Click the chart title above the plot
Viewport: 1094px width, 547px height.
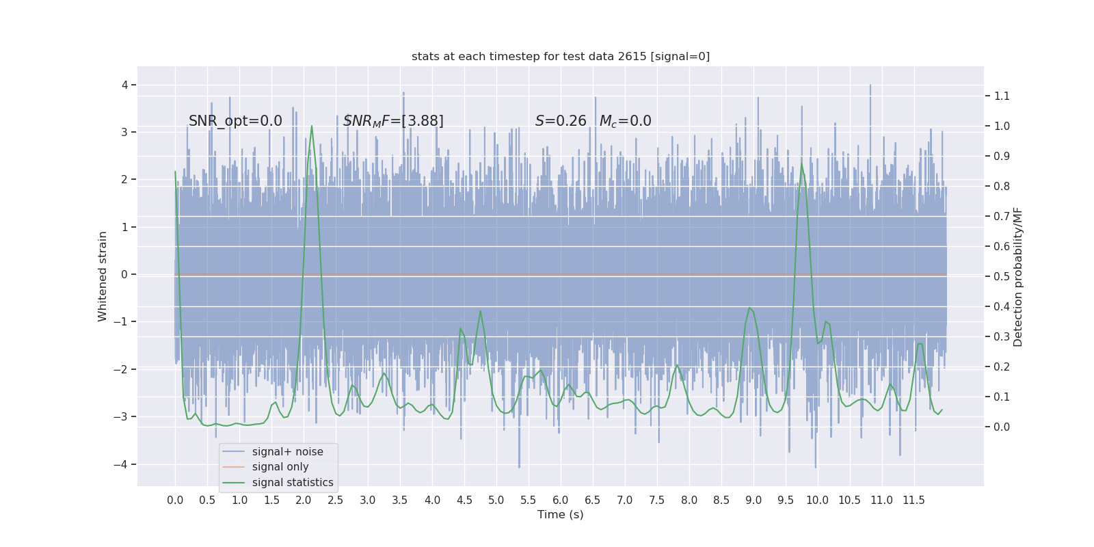tap(561, 57)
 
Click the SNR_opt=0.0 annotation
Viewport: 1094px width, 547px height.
tap(235, 121)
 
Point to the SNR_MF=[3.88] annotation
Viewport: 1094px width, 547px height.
tap(393, 121)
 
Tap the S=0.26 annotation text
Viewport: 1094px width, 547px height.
tap(561, 121)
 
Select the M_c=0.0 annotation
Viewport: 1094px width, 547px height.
tap(625, 121)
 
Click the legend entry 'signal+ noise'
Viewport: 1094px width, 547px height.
tap(287, 452)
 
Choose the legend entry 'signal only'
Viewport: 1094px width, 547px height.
tap(280, 467)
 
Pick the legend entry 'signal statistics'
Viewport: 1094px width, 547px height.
tap(293, 483)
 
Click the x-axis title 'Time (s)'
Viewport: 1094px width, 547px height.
tap(561, 515)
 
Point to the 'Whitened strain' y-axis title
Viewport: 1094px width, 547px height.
tap(103, 276)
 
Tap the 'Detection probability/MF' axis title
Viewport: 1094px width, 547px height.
tap(1018, 276)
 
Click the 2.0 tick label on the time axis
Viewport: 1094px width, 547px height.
tap(304, 501)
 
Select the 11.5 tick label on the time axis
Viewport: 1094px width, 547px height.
tap(913, 501)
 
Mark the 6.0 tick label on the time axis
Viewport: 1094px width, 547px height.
tap(561, 501)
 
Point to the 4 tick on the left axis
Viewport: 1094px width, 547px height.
tap(125, 85)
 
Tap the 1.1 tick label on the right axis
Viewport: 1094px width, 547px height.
tap(1002, 96)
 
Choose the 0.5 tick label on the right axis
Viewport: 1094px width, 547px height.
tap(1002, 276)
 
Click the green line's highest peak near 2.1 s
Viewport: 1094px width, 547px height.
tap(312, 126)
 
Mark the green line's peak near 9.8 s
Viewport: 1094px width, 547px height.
tap(802, 164)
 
